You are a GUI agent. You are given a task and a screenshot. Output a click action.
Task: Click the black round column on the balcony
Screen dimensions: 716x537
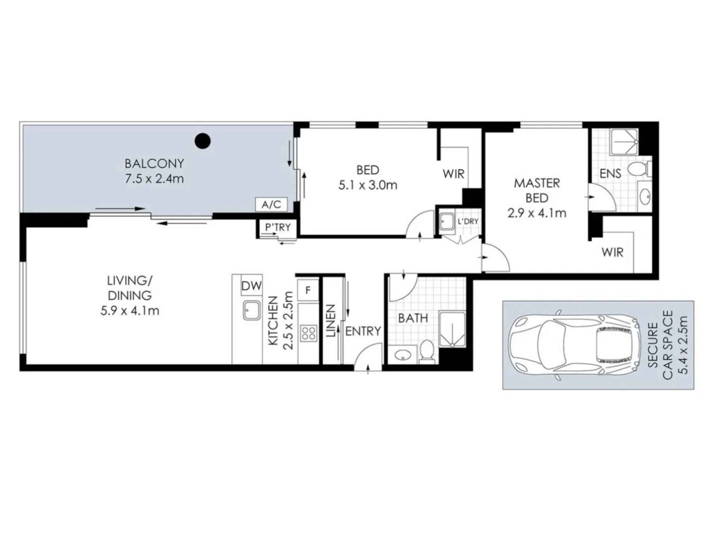[x=202, y=141]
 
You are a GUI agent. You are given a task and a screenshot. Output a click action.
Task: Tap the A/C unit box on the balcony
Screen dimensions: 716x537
[x=271, y=204]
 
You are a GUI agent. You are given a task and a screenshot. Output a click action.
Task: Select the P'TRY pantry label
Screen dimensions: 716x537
[x=278, y=227]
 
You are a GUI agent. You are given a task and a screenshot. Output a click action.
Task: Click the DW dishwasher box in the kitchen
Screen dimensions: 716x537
[x=251, y=285]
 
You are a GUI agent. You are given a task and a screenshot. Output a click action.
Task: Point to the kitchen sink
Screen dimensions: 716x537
[x=252, y=310]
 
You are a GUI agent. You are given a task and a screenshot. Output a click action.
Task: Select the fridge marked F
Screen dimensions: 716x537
[x=308, y=290]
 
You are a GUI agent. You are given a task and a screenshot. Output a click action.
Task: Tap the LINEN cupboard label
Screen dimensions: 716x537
[x=330, y=321]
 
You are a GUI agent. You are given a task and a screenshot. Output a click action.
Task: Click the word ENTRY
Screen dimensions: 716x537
[x=363, y=331]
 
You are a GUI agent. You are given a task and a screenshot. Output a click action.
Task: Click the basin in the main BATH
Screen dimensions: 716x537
[x=403, y=355]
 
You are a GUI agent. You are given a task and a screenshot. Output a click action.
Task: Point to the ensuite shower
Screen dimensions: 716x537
[x=624, y=142]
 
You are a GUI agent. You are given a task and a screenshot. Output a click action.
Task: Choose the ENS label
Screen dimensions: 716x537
[x=610, y=174]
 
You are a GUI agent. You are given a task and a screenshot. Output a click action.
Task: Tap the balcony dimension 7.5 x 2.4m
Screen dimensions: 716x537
[x=154, y=178]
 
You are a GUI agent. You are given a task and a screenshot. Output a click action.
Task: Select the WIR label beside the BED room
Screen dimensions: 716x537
[x=453, y=174]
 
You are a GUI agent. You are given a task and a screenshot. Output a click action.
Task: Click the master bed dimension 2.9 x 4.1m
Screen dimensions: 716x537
[x=537, y=213]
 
